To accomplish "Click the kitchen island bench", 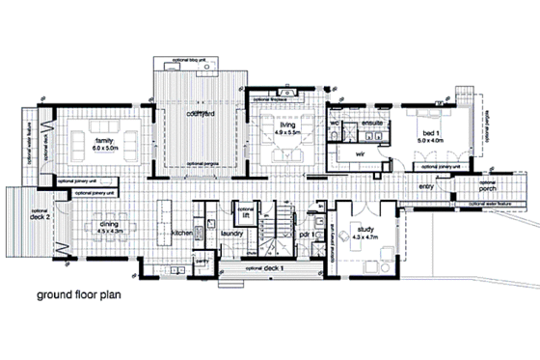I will click(x=162, y=232).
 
